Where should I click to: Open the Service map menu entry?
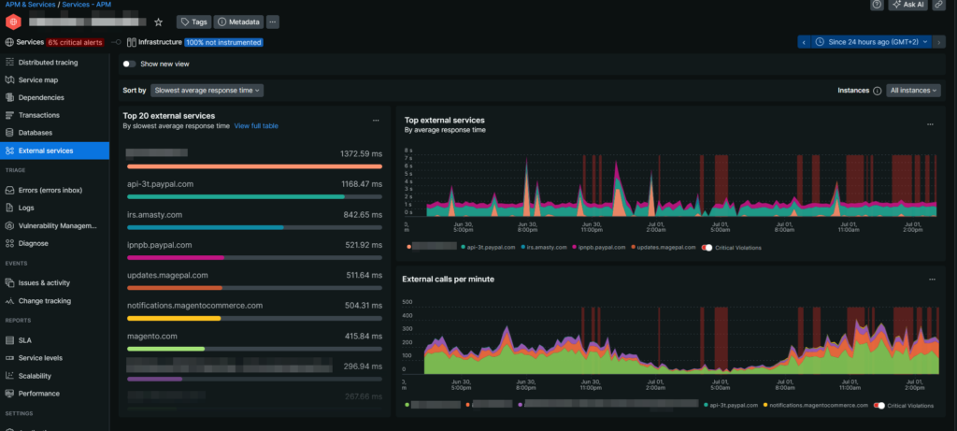38,79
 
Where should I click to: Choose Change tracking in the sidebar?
45,300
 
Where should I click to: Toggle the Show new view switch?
130,64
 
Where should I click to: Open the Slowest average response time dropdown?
207,91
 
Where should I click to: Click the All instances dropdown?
914,91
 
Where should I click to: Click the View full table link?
256,125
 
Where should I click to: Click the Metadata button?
239,22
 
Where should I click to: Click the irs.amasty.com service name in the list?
154,214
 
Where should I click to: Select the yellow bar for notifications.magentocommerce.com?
174,318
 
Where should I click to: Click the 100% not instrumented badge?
223,42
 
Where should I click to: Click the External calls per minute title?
448,279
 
